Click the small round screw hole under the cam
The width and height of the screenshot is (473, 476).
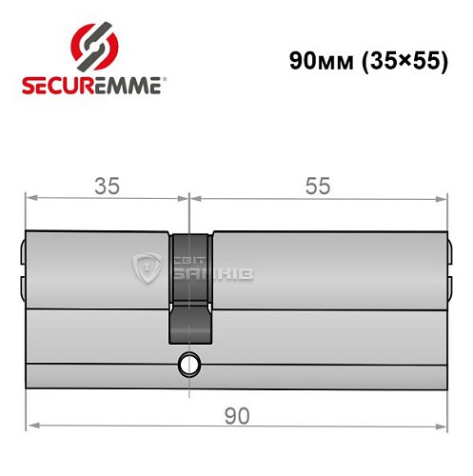[190, 364]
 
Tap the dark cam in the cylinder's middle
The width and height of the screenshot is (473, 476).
[189, 286]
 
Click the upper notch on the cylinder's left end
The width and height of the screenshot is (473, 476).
[22, 254]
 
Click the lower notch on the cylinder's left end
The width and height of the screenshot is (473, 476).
[22, 287]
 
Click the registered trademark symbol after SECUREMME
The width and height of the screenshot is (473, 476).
[169, 81]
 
